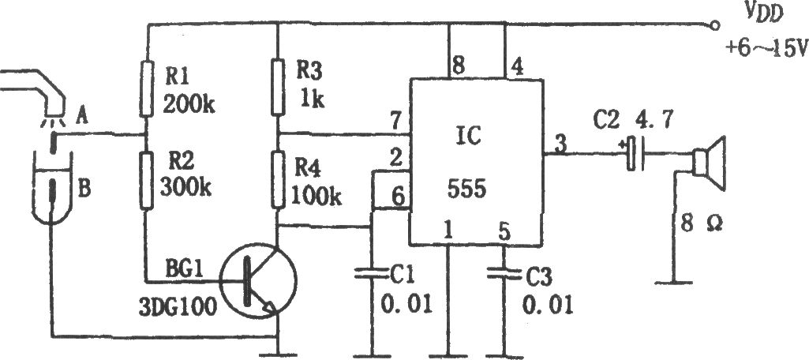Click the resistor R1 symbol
point(147,88)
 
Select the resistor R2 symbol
point(147,180)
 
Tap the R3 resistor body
point(278,87)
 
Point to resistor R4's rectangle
point(278,179)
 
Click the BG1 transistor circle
point(258,281)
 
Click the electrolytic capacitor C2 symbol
point(635,154)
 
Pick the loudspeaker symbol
point(710,163)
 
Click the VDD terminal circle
point(714,24)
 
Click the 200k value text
point(189,104)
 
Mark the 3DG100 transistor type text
point(178,308)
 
